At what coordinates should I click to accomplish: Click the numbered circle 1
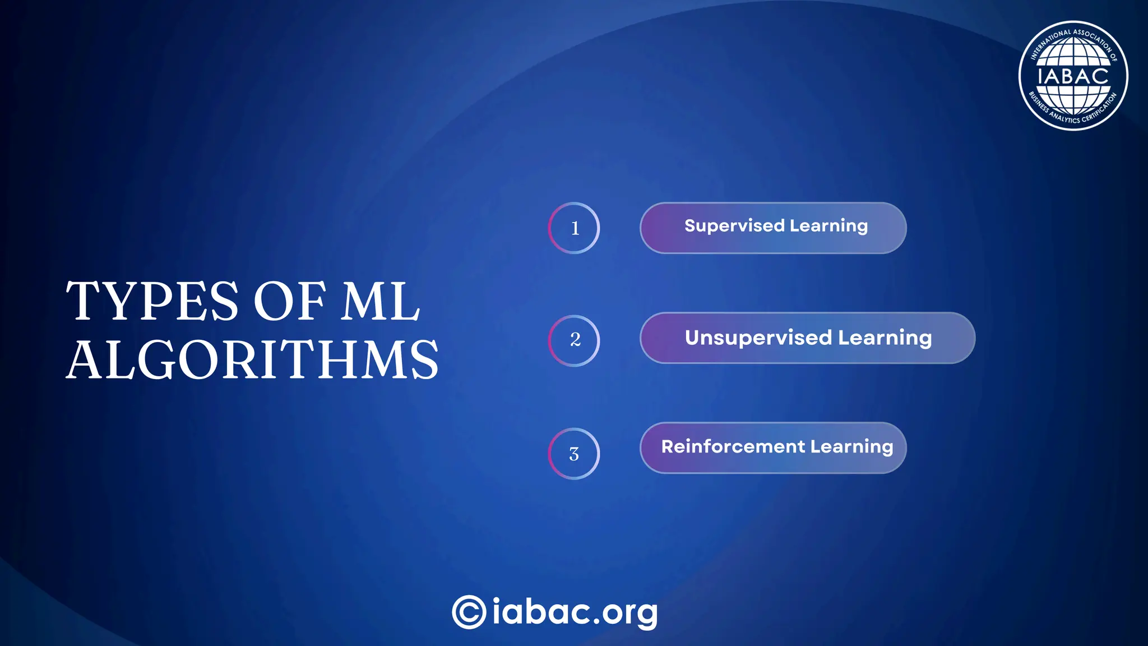(x=574, y=228)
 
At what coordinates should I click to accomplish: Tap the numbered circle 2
(x=574, y=340)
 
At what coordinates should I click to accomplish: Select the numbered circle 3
(x=574, y=454)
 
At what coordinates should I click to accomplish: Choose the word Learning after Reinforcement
(x=851, y=447)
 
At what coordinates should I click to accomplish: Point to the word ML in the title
(x=381, y=301)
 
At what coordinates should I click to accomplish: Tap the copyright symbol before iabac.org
(x=469, y=612)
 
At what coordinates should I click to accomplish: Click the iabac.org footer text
(x=575, y=612)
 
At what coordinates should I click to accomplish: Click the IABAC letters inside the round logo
(x=1073, y=76)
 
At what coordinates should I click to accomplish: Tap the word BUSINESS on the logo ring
(x=1038, y=103)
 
